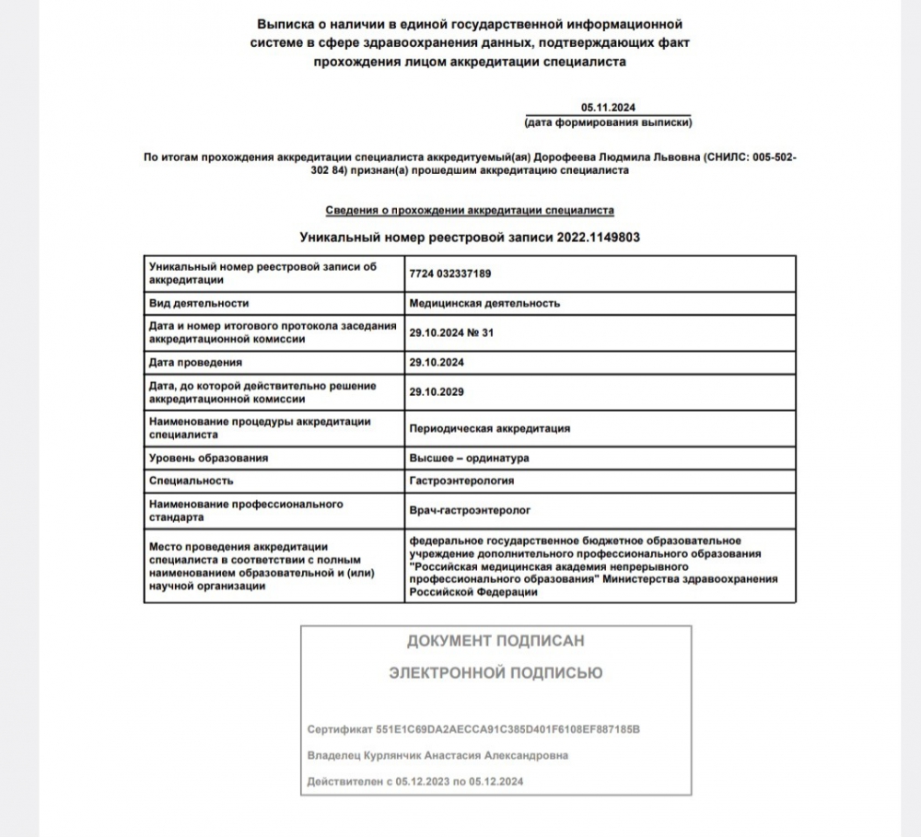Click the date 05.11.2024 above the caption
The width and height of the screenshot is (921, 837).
[608, 108]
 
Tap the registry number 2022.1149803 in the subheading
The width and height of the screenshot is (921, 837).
[598, 237]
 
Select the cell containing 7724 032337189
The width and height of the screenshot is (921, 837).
[451, 273]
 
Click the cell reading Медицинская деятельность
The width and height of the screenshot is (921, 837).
[484, 303]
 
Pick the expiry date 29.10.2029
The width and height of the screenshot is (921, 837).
[437, 392]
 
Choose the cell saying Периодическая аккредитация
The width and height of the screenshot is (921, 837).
[489, 428]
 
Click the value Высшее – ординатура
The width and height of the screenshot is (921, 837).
[469, 458]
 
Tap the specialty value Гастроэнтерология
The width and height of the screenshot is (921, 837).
[461, 481]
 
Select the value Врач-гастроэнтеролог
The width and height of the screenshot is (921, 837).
[470, 509]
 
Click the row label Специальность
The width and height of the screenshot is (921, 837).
[191, 481]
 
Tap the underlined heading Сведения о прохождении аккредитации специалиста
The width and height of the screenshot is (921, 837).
[470, 210]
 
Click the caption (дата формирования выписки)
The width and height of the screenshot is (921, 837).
[608, 122]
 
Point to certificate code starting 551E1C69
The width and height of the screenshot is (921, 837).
[507, 729]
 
